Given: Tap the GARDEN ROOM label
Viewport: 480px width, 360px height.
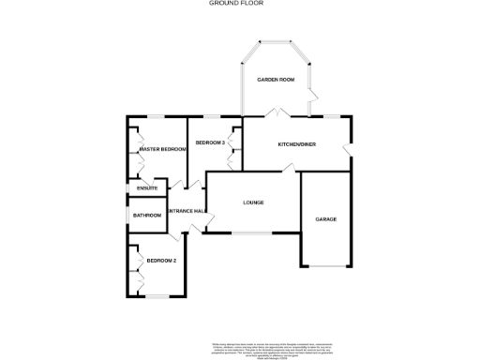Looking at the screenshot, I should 277,81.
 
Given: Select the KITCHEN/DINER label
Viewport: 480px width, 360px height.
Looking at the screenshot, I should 297,144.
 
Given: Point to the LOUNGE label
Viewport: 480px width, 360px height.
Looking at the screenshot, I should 253,202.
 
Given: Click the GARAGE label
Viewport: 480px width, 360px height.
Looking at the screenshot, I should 325,219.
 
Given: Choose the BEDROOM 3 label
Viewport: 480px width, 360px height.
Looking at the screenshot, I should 208,142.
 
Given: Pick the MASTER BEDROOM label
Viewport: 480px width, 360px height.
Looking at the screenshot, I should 162,149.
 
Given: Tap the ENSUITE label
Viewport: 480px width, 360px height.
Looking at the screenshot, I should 147,189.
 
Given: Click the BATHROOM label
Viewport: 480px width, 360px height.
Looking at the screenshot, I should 147,216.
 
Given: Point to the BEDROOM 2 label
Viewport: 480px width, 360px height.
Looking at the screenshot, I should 161,261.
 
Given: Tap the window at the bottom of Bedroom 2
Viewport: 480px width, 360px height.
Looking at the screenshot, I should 157,296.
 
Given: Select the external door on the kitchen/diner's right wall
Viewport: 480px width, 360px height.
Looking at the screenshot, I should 348,151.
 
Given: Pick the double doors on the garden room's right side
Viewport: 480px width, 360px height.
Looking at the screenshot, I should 312,95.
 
